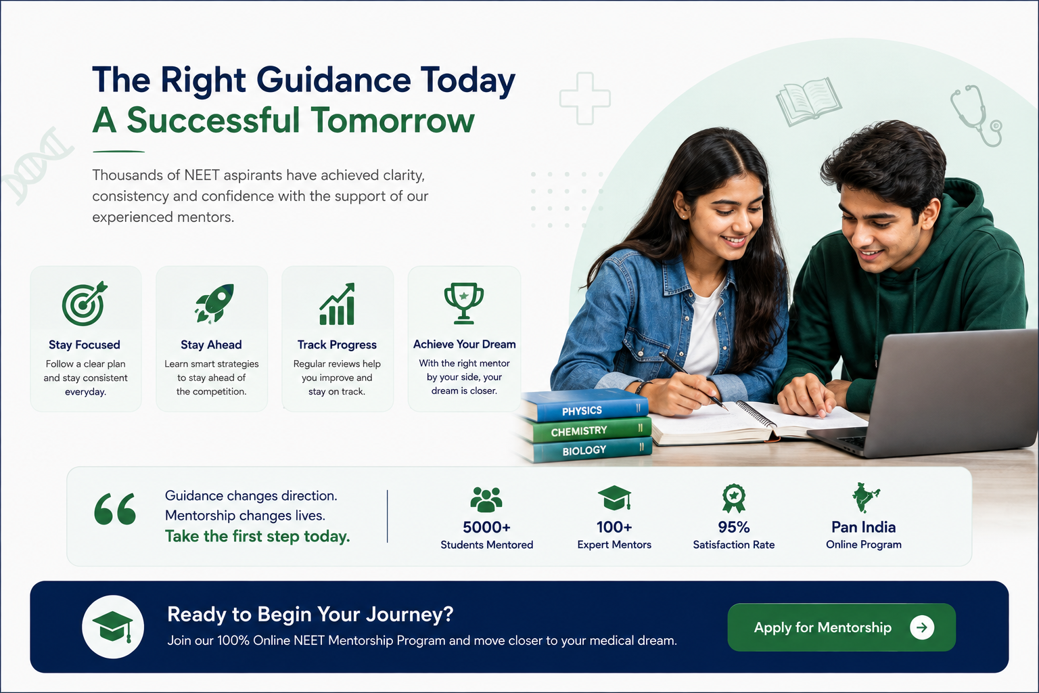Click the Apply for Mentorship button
click(841, 627)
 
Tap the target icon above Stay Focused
click(85, 304)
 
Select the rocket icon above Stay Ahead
click(214, 303)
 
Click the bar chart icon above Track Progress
click(338, 304)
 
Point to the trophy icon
click(464, 303)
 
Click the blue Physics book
click(584, 405)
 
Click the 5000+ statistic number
click(486, 527)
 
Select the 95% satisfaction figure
click(734, 527)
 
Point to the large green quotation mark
click(115, 509)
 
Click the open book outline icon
click(809, 102)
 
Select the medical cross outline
click(585, 98)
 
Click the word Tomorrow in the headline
click(392, 120)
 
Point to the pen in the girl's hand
click(693, 381)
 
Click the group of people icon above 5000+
click(486, 499)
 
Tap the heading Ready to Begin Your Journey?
click(310, 614)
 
